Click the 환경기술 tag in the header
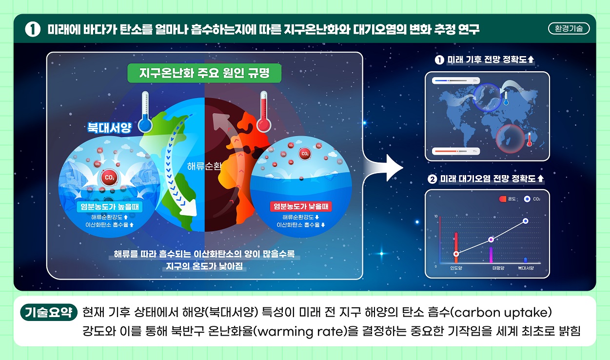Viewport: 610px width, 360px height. point(569,28)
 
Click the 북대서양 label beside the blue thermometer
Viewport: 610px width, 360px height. point(109,127)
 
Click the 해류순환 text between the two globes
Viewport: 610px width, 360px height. point(204,166)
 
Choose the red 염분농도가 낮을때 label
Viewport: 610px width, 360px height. point(301,206)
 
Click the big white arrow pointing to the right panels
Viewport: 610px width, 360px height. point(385,167)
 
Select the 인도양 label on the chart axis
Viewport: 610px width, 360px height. point(456,268)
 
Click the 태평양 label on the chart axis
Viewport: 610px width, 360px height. point(498,268)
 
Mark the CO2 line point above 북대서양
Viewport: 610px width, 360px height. point(526,221)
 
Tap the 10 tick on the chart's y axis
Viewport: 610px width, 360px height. point(435,216)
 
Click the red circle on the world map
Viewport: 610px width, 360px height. point(509,138)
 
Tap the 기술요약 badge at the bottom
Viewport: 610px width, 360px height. point(49,312)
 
